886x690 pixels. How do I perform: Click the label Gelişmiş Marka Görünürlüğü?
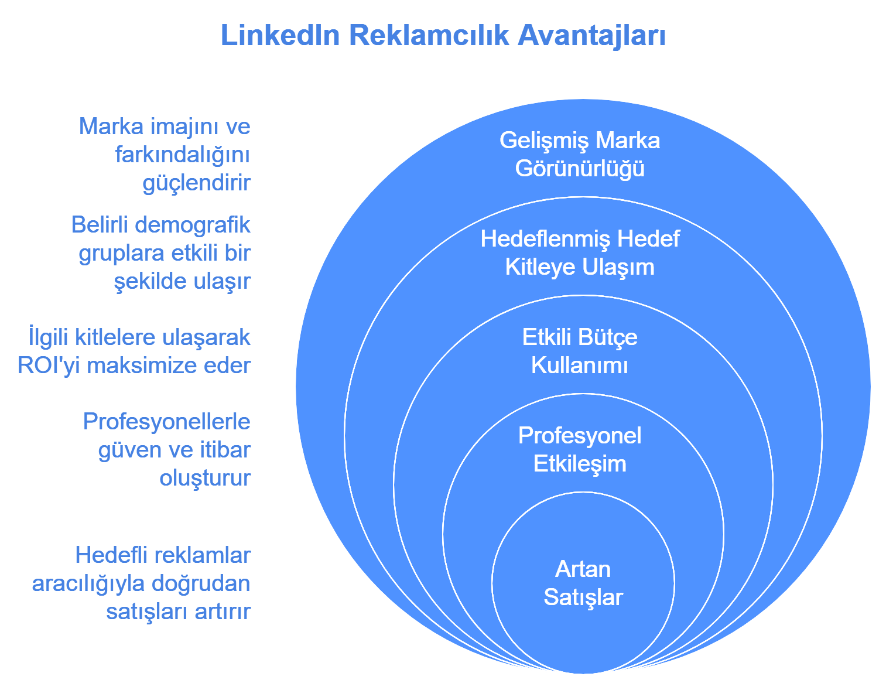[580, 155]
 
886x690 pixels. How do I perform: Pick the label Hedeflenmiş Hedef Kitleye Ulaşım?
[580, 253]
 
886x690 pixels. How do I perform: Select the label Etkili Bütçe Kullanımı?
[580, 351]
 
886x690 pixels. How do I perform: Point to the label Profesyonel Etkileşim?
[580, 450]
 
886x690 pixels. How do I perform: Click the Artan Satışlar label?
[583, 583]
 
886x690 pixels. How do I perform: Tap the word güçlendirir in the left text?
[197, 183]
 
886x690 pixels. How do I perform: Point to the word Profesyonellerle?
[167, 422]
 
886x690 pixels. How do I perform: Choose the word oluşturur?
[205, 478]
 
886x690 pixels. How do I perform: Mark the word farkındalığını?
[183, 155]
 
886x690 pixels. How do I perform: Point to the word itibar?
[225, 450]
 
